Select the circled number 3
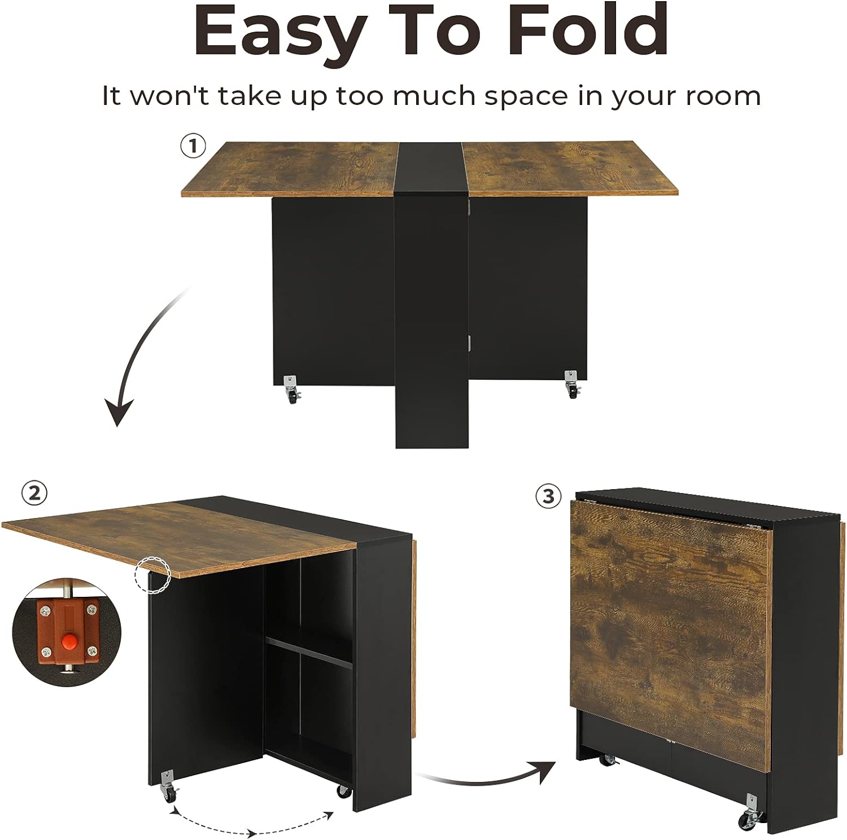click(x=549, y=496)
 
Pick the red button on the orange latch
click(x=69, y=640)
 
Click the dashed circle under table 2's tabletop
click(x=152, y=574)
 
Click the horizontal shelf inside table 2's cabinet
click(x=309, y=652)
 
